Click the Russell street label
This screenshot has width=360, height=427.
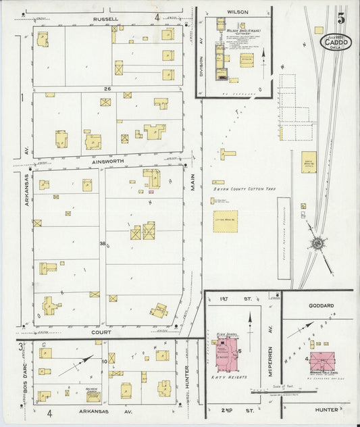(106, 19)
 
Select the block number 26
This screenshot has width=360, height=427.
(107, 89)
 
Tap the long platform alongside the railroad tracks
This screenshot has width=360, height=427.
(284, 229)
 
